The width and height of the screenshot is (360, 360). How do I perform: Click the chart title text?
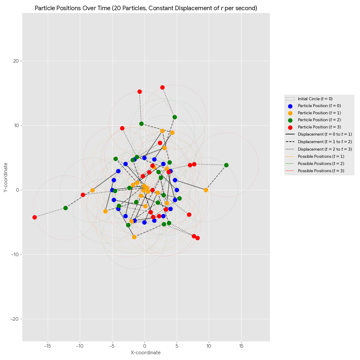click(x=146, y=8)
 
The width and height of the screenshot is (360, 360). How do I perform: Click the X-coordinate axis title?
click(x=146, y=352)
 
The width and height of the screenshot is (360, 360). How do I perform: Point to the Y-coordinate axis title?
click(x=6, y=178)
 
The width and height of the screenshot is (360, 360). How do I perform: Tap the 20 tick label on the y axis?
click(x=15, y=61)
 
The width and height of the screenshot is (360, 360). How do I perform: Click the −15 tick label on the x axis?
click(x=47, y=346)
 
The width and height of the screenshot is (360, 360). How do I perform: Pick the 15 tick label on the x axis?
click(x=241, y=346)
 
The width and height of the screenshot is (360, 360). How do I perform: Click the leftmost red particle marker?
click(x=34, y=217)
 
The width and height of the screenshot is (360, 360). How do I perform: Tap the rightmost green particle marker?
click(x=226, y=165)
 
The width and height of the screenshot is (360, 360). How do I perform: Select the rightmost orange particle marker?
click(x=206, y=190)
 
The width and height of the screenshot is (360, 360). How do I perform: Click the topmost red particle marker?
click(x=162, y=87)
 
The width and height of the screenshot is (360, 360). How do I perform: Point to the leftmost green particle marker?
click(x=65, y=208)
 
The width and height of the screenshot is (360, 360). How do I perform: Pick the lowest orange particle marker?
click(x=134, y=237)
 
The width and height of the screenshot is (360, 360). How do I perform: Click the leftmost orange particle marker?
click(x=92, y=190)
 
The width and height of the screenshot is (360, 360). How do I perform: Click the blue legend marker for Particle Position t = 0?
click(x=290, y=106)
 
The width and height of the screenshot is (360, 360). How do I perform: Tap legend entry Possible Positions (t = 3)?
click(x=321, y=171)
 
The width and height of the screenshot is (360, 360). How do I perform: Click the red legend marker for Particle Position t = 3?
click(x=290, y=127)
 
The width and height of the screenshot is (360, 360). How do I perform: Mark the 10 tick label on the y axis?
click(x=15, y=125)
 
